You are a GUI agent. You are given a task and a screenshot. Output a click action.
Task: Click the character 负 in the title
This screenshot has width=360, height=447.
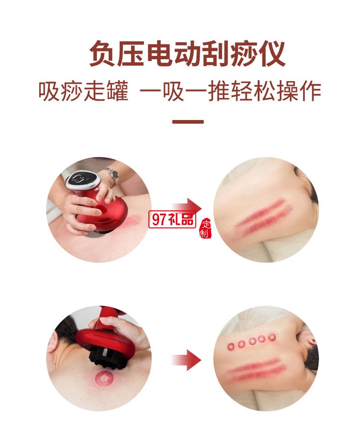pyautogui.click(x=103, y=54)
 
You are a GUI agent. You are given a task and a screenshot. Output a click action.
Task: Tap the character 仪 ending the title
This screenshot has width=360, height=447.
pyautogui.click(x=271, y=54)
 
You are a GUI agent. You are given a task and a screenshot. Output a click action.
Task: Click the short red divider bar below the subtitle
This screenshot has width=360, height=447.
pyautogui.click(x=188, y=122)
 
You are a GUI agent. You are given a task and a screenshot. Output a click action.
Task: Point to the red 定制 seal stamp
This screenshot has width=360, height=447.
pyautogui.click(x=206, y=230)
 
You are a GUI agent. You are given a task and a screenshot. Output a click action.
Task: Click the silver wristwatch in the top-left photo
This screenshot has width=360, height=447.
pyautogui.click(x=111, y=174)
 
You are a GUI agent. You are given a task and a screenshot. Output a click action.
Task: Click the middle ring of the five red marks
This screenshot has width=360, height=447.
pyautogui.click(x=252, y=342)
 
